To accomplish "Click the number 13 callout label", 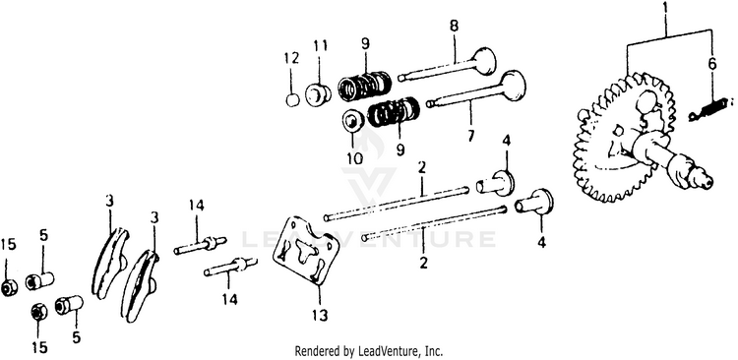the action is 320,315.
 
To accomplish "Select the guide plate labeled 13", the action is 306,250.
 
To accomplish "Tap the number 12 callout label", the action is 292,58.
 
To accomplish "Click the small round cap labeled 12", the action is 293,99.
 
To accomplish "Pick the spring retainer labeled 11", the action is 318,93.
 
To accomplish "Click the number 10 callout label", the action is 355,158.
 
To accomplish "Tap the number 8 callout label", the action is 454,26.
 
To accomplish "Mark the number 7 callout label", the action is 471,136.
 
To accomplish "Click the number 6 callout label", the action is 712,64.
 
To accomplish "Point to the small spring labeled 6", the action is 709,108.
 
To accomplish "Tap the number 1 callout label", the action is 665,8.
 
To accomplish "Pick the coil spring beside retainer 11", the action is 365,87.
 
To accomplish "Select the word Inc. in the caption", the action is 434,351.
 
